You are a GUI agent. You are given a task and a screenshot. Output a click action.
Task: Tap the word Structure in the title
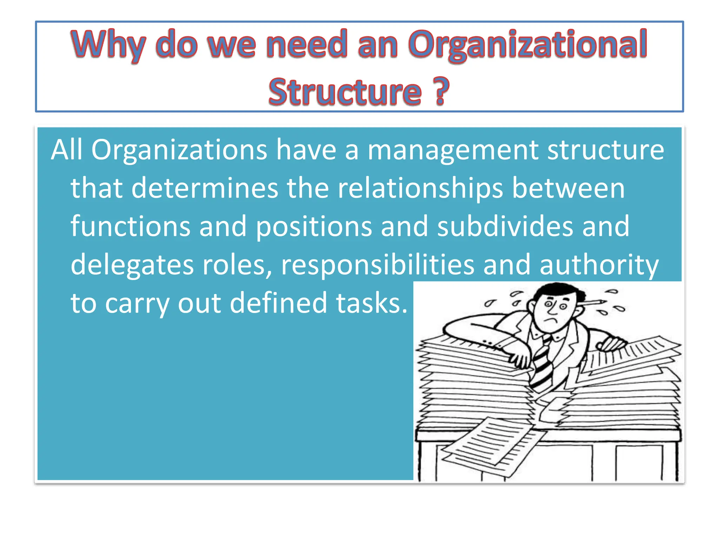(x=345, y=92)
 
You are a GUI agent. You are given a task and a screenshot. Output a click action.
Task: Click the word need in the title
(x=307, y=44)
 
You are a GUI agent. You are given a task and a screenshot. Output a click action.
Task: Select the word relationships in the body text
(x=420, y=188)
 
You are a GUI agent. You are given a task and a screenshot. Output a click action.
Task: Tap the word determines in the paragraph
(x=205, y=188)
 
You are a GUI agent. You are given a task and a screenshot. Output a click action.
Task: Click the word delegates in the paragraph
(x=132, y=265)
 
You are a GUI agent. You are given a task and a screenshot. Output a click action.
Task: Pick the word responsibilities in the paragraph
(x=378, y=265)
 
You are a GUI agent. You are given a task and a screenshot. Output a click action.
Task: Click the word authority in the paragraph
(x=599, y=265)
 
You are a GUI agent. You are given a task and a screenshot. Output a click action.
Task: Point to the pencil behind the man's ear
(x=593, y=302)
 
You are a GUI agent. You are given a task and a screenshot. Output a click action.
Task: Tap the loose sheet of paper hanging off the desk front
(x=492, y=444)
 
